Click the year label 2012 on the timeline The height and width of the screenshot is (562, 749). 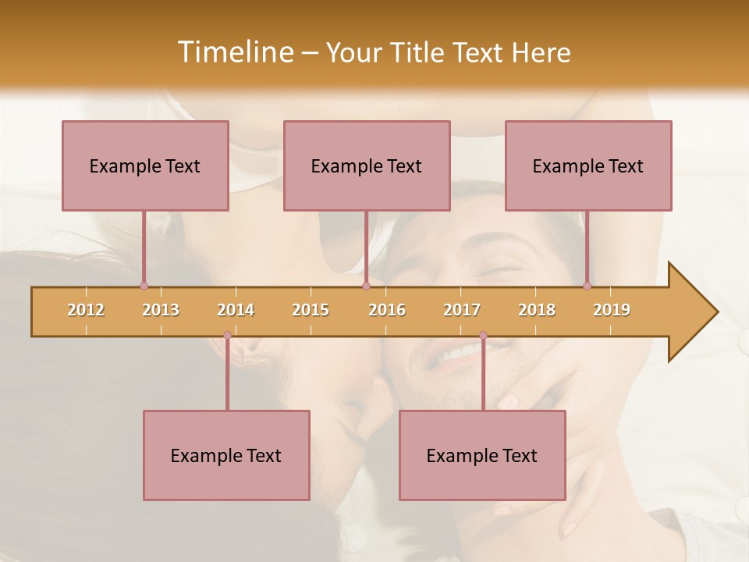86,310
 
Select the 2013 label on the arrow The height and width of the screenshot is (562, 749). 161,310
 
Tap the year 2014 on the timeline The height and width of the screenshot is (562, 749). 236,310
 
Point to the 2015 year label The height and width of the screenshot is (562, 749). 311,310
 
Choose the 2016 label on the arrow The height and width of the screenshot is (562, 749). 387,310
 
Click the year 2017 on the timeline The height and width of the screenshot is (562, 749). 462,310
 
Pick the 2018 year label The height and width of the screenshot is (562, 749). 537,310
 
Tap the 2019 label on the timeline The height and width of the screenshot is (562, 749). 612,310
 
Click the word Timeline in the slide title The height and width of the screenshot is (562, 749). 234,52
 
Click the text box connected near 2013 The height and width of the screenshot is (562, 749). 145,165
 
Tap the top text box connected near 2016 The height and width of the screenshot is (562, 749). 367,165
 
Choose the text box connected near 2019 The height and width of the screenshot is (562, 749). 588,165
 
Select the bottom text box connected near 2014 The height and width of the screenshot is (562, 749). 226,455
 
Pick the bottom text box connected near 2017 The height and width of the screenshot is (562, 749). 482,455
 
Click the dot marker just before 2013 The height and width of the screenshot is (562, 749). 144,286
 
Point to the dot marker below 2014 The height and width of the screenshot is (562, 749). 227,336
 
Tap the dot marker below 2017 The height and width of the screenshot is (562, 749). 483,336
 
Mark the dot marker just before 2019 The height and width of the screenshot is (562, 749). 587,286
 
